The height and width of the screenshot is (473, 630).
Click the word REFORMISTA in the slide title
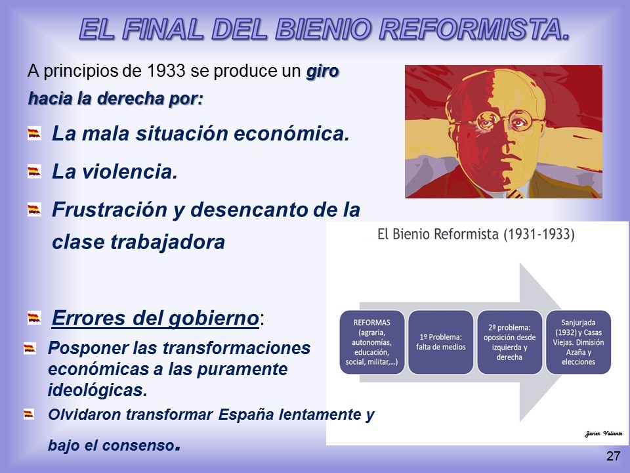[x=474, y=30]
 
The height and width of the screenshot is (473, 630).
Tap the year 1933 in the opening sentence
[x=165, y=71]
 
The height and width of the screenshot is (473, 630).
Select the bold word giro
[x=323, y=72]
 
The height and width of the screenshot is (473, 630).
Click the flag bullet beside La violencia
[x=34, y=171]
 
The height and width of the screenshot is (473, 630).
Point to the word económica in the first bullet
[x=291, y=133]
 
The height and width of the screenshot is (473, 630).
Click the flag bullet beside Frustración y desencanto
[x=34, y=210]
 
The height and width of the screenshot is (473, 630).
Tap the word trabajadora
[x=167, y=242]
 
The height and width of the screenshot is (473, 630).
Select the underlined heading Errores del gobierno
[x=156, y=318]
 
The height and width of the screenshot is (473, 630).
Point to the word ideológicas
[x=98, y=390]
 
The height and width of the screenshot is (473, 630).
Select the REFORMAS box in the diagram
[x=371, y=342]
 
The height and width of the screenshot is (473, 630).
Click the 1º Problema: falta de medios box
[x=441, y=342]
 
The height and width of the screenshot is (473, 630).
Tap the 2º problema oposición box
[x=509, y=342]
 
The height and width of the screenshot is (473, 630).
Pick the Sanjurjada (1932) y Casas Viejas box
[x=578, y=342]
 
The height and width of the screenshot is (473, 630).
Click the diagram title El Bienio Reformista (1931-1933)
[x=476, y=234]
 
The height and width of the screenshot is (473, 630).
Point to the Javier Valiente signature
[x=604, y=433]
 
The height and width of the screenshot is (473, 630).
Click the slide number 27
[x=613, y=456]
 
